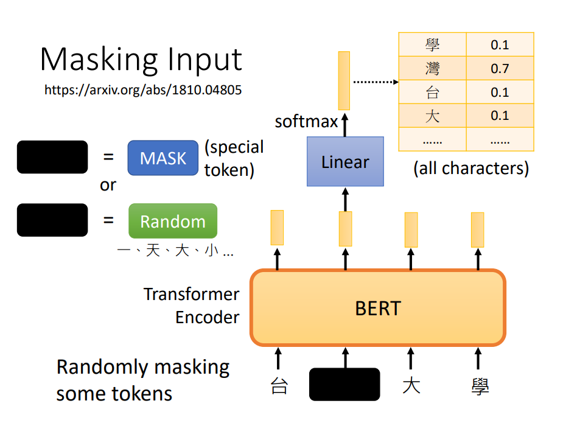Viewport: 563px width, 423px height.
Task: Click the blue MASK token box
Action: click(x=163, y=158)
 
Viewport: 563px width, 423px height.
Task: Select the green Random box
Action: click(x=173, y=221)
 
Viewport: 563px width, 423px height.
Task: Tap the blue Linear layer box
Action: click(x=345, y=161)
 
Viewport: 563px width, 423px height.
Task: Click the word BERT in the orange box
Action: click(x=378, y=309)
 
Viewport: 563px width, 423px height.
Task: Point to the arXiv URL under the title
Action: click(x=143, y=89)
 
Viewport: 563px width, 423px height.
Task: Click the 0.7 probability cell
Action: click(x=500, y=68)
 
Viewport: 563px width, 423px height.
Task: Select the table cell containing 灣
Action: click(x=432, y=68)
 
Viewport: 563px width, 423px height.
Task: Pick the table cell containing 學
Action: click(x=432, y=44)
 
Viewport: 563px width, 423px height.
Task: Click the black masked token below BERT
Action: click(x=344, y=384)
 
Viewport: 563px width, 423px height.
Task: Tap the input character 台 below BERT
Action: click(x=279, y=386)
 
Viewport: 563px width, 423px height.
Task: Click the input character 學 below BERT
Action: click(x=480, y=386)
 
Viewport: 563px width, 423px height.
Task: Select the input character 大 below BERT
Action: click(x=411, y=386)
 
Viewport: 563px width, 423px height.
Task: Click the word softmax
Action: click(x=306, y=121)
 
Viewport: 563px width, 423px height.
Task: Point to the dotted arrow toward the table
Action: click(x=376, y=82)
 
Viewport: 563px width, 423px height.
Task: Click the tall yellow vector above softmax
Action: click(x=344, y=80)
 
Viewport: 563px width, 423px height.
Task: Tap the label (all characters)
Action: click(x=471, y=168)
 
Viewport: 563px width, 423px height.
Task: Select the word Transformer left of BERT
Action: click(x=191, y=294)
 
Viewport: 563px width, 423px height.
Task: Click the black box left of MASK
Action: click(x=52, y=157)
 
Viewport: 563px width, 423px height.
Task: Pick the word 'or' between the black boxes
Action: click(x=108, y=185)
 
